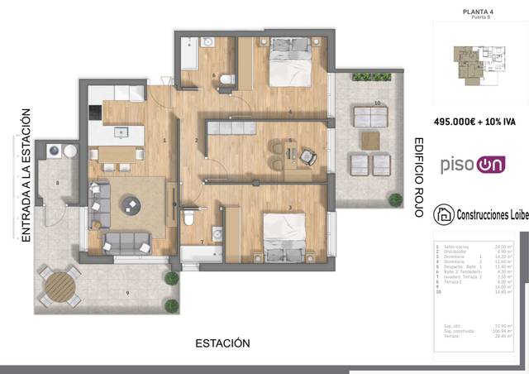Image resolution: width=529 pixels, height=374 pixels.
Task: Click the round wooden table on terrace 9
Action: [60, 286]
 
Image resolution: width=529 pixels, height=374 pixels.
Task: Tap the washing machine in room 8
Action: [55, 151]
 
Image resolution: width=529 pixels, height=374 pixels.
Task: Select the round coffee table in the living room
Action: [131, 204]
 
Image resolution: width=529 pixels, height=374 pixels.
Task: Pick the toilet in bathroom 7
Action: [189, 218]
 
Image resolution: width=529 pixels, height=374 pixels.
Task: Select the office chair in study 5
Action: [307, 156]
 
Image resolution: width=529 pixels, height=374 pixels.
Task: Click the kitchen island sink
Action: [121, 132]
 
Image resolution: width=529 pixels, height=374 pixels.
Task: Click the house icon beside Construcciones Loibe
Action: [443, 215]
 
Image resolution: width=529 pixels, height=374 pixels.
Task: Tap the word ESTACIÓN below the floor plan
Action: [222, 343]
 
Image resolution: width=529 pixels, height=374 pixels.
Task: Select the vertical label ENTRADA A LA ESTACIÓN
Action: [26, 175]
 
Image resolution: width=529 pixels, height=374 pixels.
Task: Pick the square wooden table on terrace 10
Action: [369, 137]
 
